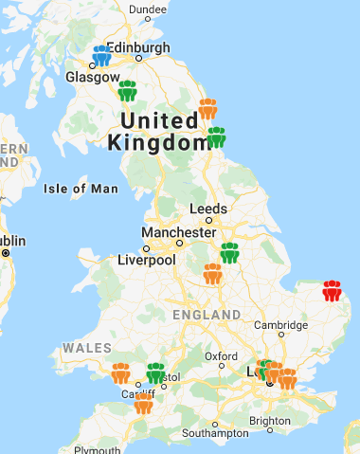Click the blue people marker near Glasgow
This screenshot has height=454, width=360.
pyautogui.click(x=102, y=56)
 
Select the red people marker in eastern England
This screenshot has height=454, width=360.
pyautogui.click(x=332, y=290)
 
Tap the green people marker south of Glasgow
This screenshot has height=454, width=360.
pyautogui.click(x=127, y=91)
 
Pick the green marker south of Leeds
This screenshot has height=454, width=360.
pyautogui.click(x=229, y=253)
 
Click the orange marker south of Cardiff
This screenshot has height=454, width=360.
pyautogui.click(x=143, y=405)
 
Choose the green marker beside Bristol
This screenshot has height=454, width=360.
pyautogui.click(x=155, y=373)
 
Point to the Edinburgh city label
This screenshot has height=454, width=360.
pyautogui.click(x=138, y=47)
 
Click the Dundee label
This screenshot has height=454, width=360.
pyautogui.click(x=147, y=9)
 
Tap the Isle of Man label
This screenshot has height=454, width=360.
pyautogui.click(x=81, y=189)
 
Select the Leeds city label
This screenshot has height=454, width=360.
pyautogui.click(x=208, y=209)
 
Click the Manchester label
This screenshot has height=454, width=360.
pyautogui.click(x=178, y=232)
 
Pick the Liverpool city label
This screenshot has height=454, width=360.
pyautogui.click(x=147, y=260)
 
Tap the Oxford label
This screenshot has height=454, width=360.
pyautogui.click(x=221, y=356)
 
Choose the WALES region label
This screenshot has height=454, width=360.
pyautogui.click(x=88, y=348)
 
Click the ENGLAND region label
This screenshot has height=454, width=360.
pyautogui.click(x=207, y=314)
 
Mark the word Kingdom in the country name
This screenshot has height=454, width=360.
pyautogui.click(x=157, y=143)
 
